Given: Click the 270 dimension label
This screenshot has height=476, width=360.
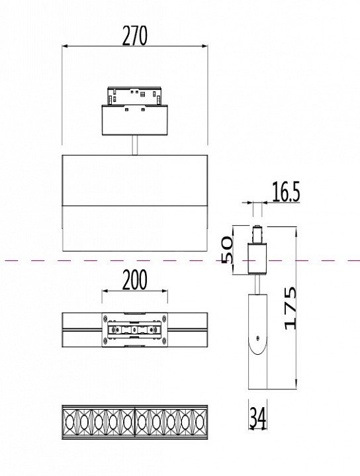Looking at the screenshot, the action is (135, 36).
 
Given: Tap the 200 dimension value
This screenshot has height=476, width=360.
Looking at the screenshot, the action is (135, 279).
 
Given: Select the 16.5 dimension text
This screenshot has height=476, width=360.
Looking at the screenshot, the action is (286, 192).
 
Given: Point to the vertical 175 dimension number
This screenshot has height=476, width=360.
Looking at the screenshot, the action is (291, 308).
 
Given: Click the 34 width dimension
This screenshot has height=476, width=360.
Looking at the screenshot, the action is (257, 418).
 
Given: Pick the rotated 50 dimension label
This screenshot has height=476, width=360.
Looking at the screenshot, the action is (227, 250).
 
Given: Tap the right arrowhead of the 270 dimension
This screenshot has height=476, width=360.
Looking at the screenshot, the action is (205, 46).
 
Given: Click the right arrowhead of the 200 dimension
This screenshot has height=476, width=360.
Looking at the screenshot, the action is (165, 291).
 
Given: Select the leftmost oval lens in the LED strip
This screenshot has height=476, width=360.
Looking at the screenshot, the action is (69, 422).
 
